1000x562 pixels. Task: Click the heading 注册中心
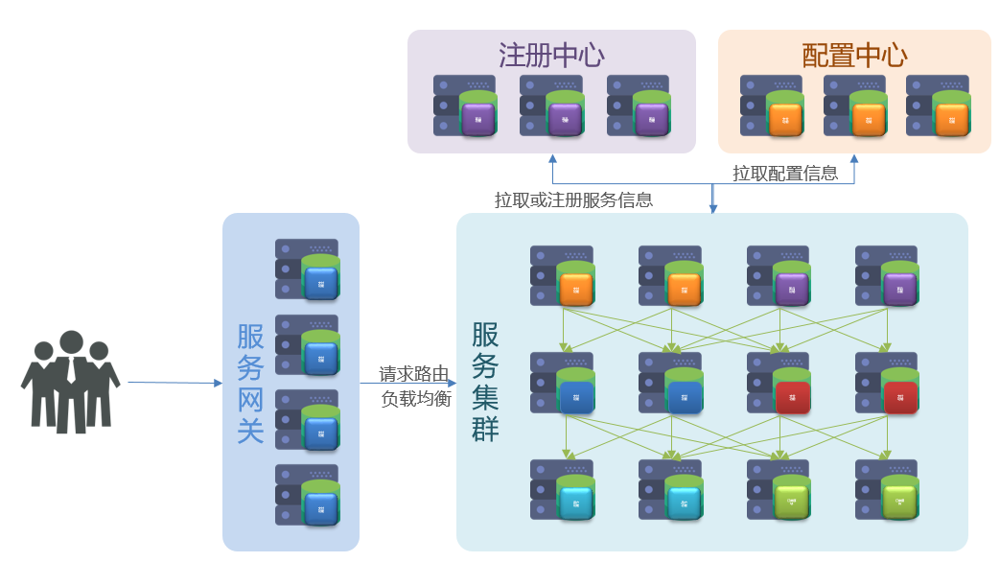[551, 55]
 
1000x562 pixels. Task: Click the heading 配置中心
[854, 55]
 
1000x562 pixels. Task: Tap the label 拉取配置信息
[785, 173]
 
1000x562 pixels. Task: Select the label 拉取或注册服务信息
[573, 199]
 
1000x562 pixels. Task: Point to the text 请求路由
[414, 373]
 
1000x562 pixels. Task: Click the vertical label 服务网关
[250, 384]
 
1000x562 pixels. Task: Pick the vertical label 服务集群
[485, 381]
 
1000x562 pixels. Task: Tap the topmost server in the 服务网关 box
[308, 269]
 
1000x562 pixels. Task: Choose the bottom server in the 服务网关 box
[308, 495]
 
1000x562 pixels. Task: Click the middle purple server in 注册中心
[551, 105]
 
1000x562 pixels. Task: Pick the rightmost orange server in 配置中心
[938, 105]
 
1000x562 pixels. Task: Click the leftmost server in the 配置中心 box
[772, 105]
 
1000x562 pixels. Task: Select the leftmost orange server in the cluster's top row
[563, 275]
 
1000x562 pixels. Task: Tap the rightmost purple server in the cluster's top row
[888, 275]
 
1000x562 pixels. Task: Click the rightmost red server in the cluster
[888, 383]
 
